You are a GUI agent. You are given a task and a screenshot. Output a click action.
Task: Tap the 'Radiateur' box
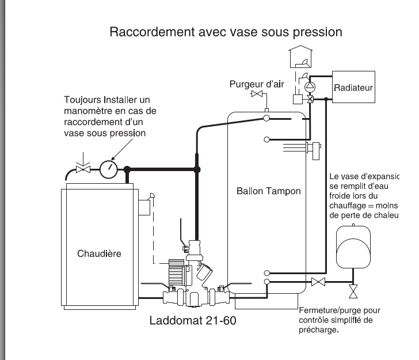click(353, 88)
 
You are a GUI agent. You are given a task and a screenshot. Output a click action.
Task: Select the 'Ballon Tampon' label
click(268, 191)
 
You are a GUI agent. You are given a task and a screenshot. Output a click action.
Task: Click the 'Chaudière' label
click(99, 253)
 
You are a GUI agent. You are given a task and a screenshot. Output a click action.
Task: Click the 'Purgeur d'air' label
click(257, 84)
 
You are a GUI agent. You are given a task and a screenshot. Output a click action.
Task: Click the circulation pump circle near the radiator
click(311, 87)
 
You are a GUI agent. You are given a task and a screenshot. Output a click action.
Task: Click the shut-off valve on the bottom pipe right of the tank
click(318, 282)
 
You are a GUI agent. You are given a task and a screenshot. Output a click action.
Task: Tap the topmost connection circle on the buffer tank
click(267, 118)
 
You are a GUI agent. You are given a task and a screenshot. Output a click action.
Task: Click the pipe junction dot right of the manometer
click(128, 169)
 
